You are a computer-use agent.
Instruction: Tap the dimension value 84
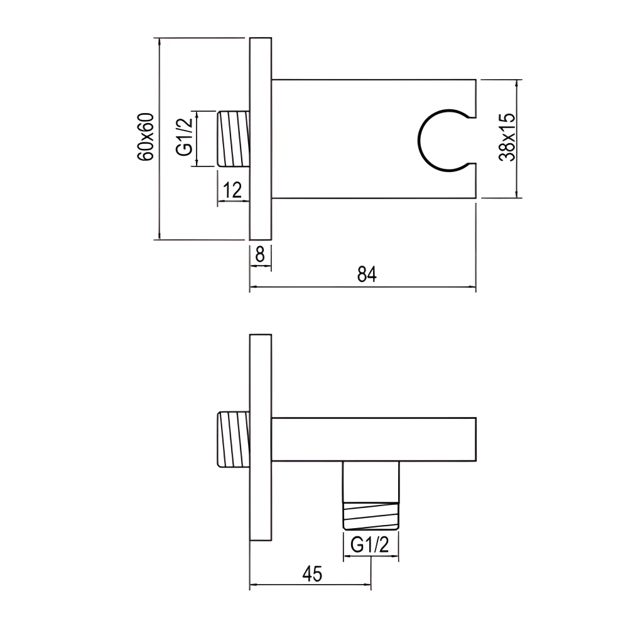point(366,275)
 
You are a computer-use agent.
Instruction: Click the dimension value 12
point(232,190)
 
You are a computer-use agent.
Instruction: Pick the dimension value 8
point(260,254)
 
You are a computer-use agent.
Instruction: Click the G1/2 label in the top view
point(183,139)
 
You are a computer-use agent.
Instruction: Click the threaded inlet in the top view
point(233,139)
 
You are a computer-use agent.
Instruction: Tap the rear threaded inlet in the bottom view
point(233,440)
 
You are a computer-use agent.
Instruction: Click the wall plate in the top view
point(261,139)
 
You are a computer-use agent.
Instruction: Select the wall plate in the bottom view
point(261,436)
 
